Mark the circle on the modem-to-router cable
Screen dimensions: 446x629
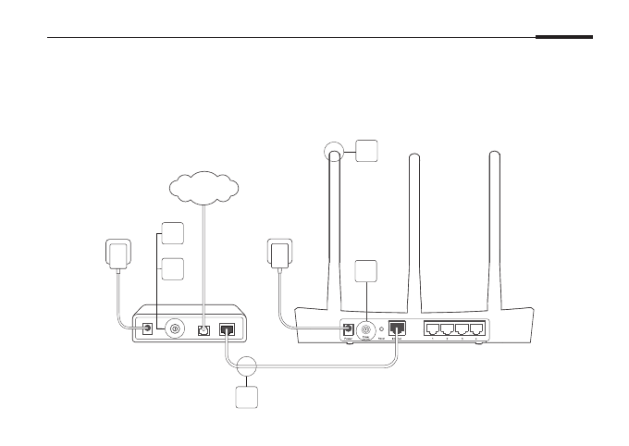pyautogui.click(x=246, y=365)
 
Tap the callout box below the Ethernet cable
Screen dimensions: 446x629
pyautogui.click(x=246, y=398)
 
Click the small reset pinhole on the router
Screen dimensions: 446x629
pyautogui.click(x=382, y=328)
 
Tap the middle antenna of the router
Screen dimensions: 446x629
pyautogui.click(x=415, y=231)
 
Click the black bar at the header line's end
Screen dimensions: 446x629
pyautogui.click(x=563, y=38)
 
